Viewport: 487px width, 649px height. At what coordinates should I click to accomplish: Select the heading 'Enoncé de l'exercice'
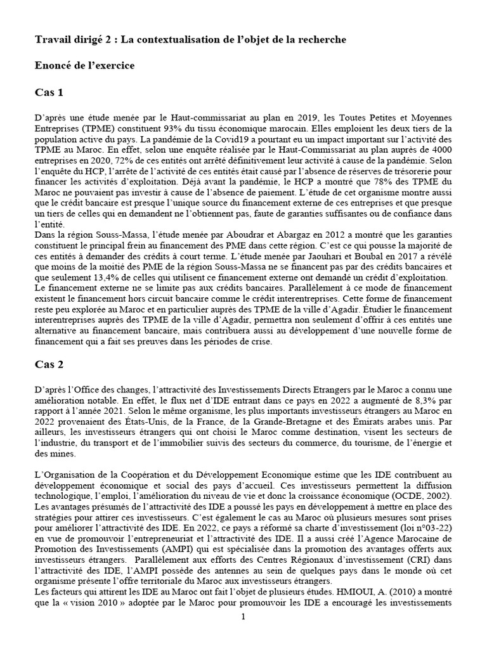84,65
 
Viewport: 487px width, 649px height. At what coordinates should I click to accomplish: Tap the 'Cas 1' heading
49,93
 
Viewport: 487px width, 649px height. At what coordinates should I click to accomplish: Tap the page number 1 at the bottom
243,635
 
